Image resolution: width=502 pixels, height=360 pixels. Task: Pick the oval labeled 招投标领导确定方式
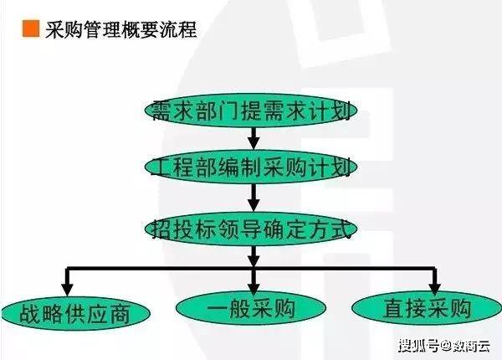(x=251, y=227)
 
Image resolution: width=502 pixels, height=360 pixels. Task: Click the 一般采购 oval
(x=251, y=307)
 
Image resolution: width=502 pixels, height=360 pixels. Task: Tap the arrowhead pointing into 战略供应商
(x=66, y=284)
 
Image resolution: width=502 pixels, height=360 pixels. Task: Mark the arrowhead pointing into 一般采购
(x=251, y=282)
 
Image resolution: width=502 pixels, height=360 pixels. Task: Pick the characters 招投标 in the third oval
(x=186, y=227)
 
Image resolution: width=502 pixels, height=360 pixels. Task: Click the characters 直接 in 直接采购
(x=402, y=307)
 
